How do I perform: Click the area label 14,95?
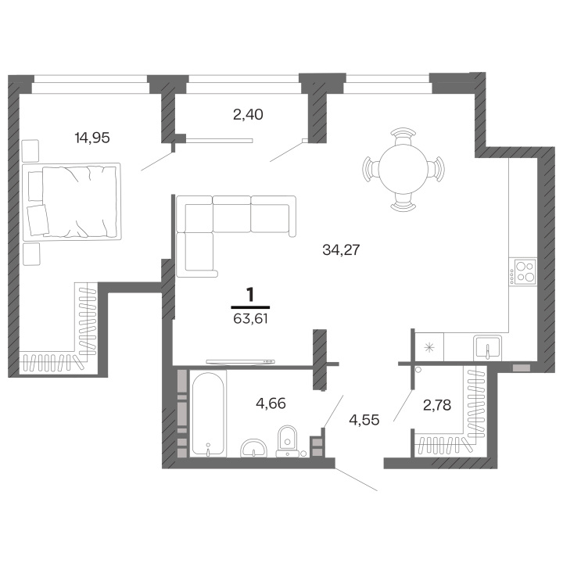click(x=92, y=138)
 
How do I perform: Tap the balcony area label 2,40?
click(x=248, y=114)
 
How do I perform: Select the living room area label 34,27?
click(x=341, y=249)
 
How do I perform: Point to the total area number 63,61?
click(x=250, y=318)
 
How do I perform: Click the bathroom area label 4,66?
click(x=271, y=403)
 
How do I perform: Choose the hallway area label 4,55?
click(x=364, y=420)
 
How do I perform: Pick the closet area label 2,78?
click(x=437, y=405)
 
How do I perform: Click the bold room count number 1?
click(x=250, y=295)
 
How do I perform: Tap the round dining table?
click(x=403, y=169)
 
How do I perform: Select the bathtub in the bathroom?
click(x=208, y=414)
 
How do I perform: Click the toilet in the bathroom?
click(x=287, y=441)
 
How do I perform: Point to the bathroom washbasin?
click(x=254, y=449)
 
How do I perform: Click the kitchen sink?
click(x=487, y=347)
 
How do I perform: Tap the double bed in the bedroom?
click(x=72, y=202)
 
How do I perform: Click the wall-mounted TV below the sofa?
click(x=241, y=361)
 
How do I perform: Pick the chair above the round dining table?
click(x=403, y=135)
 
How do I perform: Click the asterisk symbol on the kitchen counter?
click(x=429, y=347)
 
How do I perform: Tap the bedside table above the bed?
click(x=30, y=151)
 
